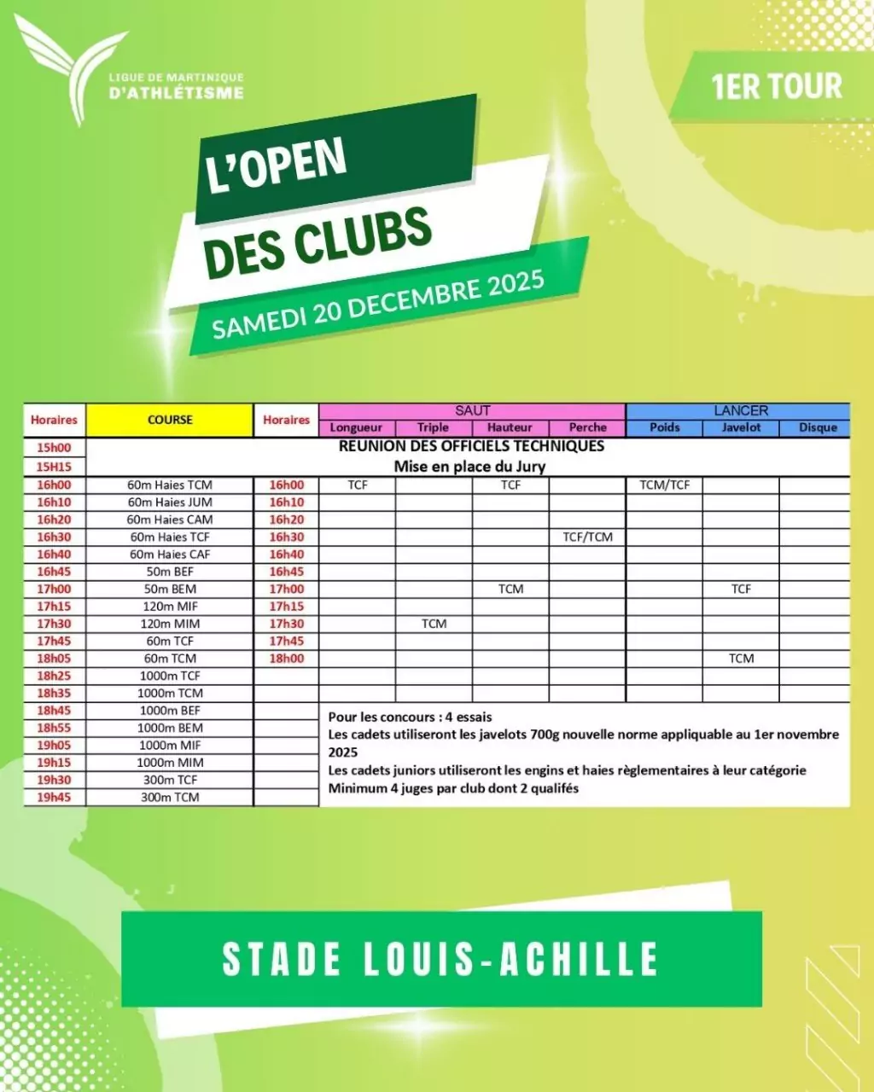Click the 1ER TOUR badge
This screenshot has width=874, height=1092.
click(x=775, y=86)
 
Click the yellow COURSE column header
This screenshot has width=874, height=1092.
click(x=170, y=420)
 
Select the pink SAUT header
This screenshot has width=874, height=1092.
click(x=472, y=410)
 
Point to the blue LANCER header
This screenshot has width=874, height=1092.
click(x=740, y=410)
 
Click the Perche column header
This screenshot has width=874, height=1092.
click(x=587, y=427)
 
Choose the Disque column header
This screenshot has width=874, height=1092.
click(x=817, y=427)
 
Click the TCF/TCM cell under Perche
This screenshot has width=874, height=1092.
click(x=587, y=537)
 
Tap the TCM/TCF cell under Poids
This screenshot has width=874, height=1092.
click(x=664, y=485)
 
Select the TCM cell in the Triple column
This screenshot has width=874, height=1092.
click(x=434, y=624)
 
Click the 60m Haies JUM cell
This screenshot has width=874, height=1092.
click(x=170, y=502)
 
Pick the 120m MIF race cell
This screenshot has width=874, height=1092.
click(x=170, y=607)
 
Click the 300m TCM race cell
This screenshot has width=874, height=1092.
click(x=170, y=797)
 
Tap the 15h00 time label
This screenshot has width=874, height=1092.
click(x=54, y=447)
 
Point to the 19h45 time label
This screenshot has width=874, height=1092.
click(x=54, y=797)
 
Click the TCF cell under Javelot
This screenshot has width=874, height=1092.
click(x=741, y=589)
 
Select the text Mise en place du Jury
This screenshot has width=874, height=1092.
click(x=469, y=466)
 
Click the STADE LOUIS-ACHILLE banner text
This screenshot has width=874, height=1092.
click(x=440, y=959)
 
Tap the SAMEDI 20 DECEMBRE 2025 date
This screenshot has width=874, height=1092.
click(x=378, y=305)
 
